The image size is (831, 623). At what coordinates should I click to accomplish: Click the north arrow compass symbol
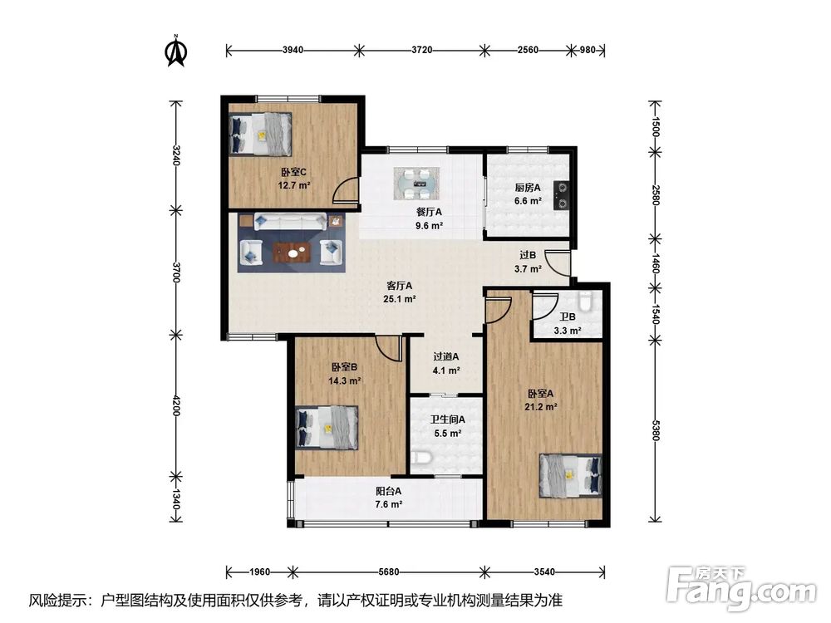pos(176,51)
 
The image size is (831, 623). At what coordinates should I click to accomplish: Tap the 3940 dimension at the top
pos(293,51)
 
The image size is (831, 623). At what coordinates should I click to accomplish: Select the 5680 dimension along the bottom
pos(389,572)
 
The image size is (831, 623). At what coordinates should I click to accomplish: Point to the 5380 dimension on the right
pos(656,430)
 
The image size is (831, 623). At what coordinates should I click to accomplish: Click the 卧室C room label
pos(293,172)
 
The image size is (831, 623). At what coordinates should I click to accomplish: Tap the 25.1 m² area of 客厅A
pos(400,299)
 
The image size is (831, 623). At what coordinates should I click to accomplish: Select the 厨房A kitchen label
pos(528,188)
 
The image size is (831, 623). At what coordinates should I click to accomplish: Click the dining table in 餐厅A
pos(416,184)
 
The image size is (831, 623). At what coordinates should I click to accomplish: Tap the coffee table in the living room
pos(292,253)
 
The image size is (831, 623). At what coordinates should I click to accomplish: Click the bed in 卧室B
pos(327,428)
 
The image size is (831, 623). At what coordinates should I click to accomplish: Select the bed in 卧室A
pos(570,475)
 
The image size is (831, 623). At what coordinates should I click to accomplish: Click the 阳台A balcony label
pos(388,491)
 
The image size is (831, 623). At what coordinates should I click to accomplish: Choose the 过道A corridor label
pos(446,356)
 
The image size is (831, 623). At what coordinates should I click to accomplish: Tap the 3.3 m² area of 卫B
pos(568,331)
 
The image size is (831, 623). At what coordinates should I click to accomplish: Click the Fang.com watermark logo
pos(742,588)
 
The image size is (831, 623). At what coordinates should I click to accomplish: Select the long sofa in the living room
pos(290,222)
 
